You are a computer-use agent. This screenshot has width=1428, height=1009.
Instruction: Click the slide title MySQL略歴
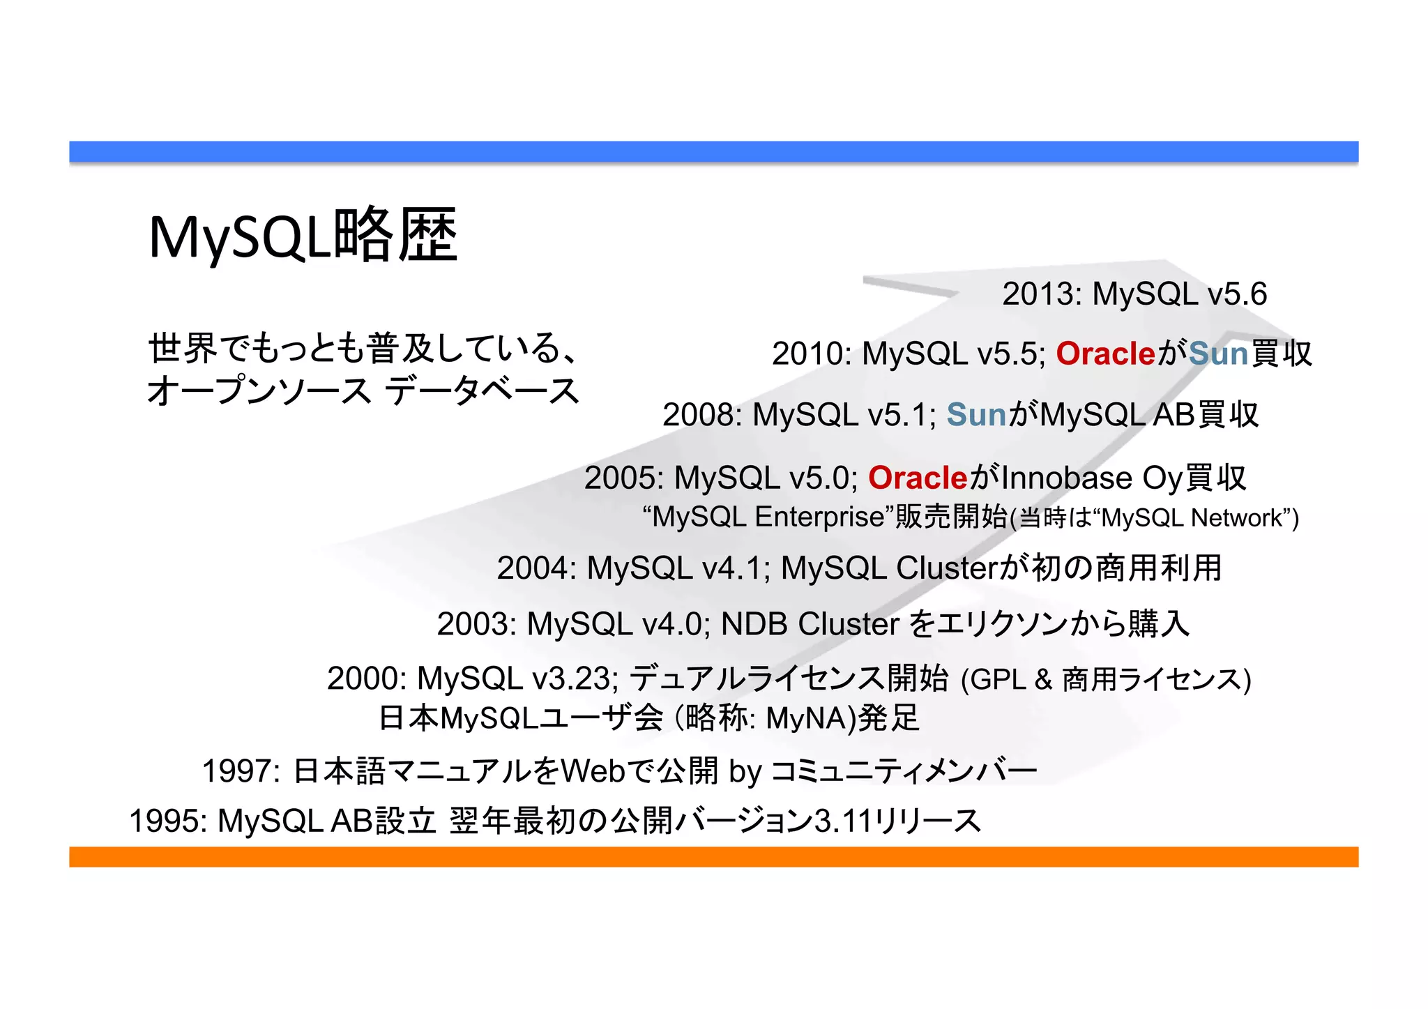pyautogui.click(x=303, y=236)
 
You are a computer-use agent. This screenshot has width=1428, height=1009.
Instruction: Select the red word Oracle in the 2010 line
pyautogui.click(x=1106, y=354)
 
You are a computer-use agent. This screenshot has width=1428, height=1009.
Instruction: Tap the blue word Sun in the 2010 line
pyautogui.click(x=1218, y=354)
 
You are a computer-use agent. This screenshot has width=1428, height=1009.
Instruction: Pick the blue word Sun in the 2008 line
pyautogui.click(x=976, y=415)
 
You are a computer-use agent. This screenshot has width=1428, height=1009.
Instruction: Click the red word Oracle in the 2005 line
pyautogui.click(x=918, y=478)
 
